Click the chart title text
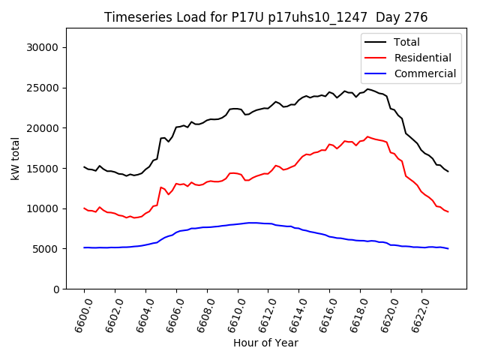coord(265,17)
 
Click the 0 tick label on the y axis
coord(56,289)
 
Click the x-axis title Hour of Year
coord(265,343)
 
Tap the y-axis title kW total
coord(15,158)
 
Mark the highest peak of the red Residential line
coord(367,136)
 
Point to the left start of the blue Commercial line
coord(85,247)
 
